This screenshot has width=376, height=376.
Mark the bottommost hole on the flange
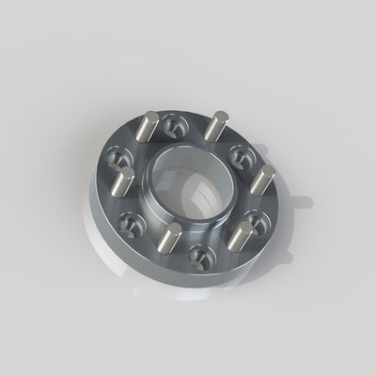[197, 254]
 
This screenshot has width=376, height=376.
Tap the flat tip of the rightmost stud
[267, 171]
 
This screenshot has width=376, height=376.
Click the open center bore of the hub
[188, 179]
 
